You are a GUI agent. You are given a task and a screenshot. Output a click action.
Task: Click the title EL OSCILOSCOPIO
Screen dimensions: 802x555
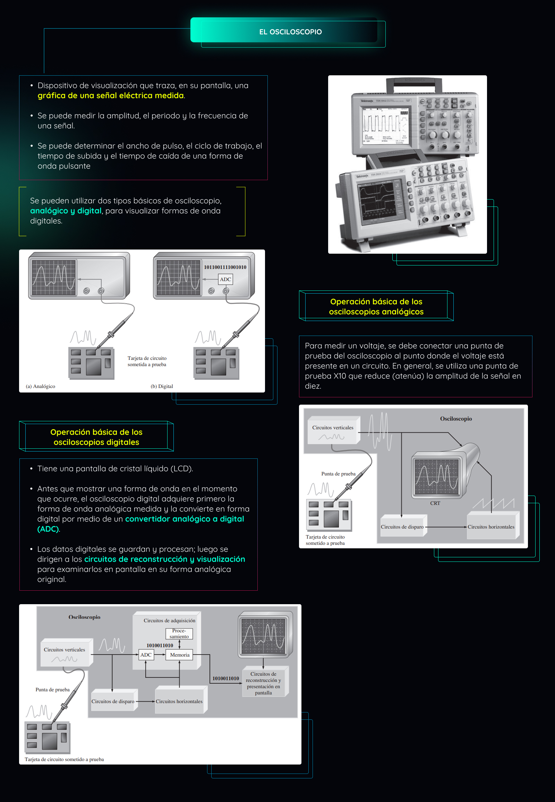click(x=290, y=32)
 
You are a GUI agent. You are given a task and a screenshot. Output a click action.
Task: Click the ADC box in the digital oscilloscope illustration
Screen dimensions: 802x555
click(x=225, y=279)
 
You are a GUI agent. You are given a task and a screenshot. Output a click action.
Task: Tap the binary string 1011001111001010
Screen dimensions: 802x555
click(x=225, y=267)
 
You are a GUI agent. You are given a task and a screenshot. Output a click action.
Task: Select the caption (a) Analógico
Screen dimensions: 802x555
click(x=40, y=386)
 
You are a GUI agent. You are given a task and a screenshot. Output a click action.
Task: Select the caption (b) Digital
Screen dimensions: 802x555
click(x=162, y=386)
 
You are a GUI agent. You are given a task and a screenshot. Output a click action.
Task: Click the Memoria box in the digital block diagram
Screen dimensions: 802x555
click(x=179, y=655)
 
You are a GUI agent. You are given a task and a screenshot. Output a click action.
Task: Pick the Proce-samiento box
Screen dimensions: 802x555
click(x=179, y=634)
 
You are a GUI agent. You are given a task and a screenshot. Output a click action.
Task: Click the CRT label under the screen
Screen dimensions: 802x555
click(x=435, y=503)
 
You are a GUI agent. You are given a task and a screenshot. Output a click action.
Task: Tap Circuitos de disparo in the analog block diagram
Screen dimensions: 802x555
click(x=402, y=527)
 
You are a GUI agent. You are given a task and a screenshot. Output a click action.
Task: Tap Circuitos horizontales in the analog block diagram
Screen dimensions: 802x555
click(x=491, y=527)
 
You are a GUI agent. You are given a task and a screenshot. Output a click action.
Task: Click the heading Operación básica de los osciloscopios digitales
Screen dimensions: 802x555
click(x=96, y=437)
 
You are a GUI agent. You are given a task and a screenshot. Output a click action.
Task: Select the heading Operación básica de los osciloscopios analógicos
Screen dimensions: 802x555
click(x=376, y=306)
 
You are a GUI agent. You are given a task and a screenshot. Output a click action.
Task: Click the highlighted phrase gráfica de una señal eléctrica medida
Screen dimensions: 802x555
click(x=111, y=95)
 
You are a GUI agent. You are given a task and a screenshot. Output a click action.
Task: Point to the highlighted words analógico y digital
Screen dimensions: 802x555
click(x=66, y=211)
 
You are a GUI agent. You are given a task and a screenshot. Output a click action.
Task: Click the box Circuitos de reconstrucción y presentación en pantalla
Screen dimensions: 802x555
click(x=263, y=683)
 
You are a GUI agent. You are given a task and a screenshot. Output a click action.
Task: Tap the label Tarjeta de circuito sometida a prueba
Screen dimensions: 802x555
click(x=147, y=361)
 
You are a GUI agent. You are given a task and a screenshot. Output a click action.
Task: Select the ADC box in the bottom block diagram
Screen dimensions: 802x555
click(x=146, y=655)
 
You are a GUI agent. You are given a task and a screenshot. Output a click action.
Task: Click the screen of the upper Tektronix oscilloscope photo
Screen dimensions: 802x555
click(x=385, y=125)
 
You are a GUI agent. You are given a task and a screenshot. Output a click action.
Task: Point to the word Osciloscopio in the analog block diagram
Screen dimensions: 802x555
click(x=455, y=419)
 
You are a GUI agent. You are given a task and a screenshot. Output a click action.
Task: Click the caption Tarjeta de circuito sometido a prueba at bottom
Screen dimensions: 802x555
click(x=64, y=759)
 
